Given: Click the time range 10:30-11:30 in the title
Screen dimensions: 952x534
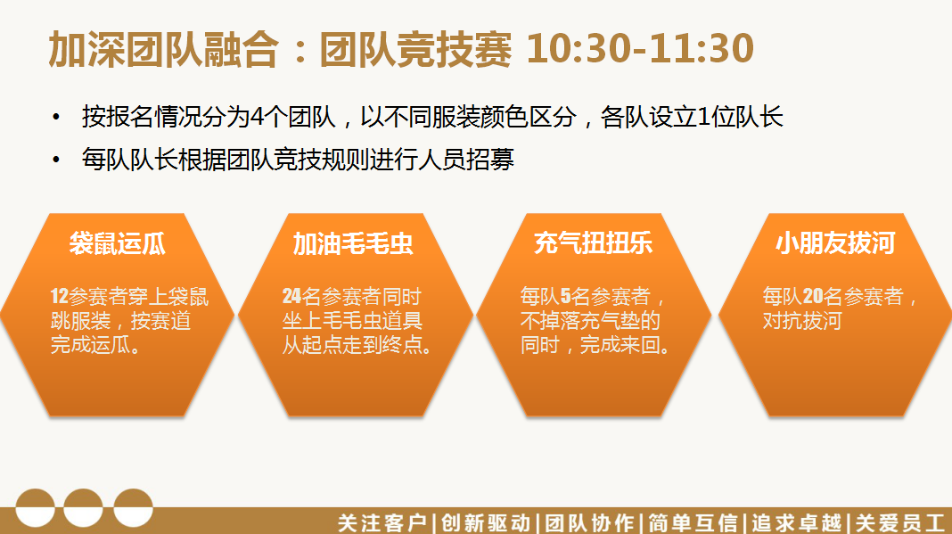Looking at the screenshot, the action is [x=641, y=49].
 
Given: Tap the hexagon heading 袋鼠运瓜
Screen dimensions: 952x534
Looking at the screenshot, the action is [x=118, y=243].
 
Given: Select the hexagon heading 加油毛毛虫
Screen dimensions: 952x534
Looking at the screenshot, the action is [x=353, y=243].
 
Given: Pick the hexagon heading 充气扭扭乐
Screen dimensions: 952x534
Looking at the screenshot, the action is [x=593, y=243].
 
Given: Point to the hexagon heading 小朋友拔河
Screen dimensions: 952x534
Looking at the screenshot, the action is [x=835, y=243].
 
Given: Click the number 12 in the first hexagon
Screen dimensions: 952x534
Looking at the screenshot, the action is [x=59, y=297].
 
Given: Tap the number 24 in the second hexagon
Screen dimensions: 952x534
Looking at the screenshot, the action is [x=291, y=297].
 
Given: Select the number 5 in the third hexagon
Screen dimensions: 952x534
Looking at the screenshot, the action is [x=565, y=297].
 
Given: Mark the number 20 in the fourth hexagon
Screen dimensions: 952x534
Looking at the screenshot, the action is [x=813, y=297].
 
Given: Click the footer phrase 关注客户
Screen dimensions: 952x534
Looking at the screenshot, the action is [x=382, y=522].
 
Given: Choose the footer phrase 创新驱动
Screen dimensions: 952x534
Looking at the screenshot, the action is [x=486, y=522].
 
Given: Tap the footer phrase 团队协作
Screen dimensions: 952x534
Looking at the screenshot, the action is [x=589, y=522].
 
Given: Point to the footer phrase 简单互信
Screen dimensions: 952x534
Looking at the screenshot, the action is [x=693, y=522].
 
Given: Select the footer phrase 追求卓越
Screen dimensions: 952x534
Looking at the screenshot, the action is [x=797, y=522].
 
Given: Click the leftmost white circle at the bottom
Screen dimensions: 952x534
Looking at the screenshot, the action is [x=36, y=508].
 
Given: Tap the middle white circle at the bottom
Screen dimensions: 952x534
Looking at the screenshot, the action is [x=83, y=508].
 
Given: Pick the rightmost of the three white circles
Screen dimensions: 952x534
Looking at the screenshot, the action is [x=133, y=508].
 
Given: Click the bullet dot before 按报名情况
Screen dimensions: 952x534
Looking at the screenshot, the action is [x=56, y=117].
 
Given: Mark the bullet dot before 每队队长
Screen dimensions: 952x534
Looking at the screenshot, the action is [x=56, y=160].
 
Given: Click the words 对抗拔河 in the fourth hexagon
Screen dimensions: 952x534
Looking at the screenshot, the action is [x=802, y=320].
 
